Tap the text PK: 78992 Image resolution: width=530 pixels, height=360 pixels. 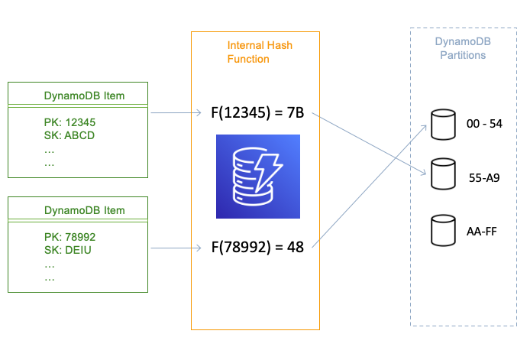click(70, 237)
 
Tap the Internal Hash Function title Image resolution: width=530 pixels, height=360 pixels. click(260, 51)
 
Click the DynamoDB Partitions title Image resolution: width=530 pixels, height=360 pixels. click(460, 49)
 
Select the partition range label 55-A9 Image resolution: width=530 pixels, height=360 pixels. click(483, 176)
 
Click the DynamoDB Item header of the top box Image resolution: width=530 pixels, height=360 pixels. click(84, 96)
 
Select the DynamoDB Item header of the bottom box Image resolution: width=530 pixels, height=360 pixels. click(84, 209)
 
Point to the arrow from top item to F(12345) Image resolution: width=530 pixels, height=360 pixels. click(181, 114)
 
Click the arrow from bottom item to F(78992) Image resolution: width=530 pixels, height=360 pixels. click(181, 247)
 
